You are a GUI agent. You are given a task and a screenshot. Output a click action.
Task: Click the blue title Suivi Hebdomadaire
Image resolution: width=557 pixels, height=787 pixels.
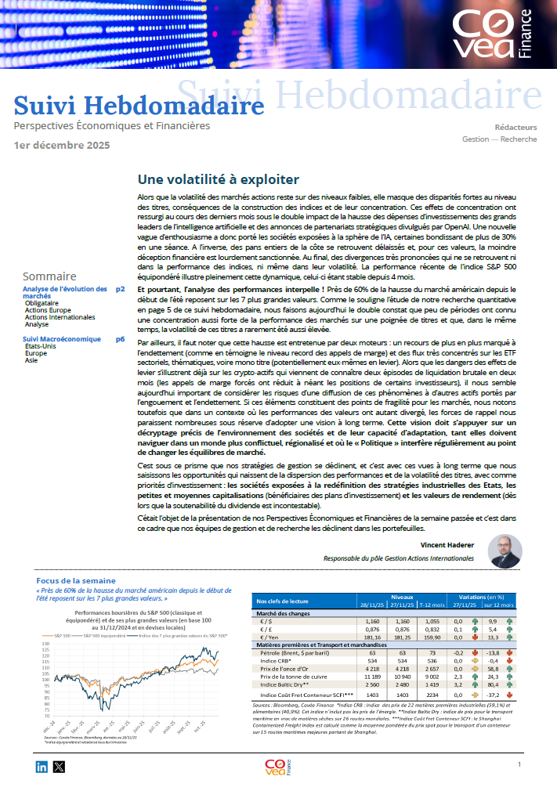[x=139, y=105]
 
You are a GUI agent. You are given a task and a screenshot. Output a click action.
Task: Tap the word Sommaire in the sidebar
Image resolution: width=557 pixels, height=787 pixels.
[x=49, y=276]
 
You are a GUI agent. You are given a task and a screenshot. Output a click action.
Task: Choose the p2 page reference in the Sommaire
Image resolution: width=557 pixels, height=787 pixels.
[x=120, y=289]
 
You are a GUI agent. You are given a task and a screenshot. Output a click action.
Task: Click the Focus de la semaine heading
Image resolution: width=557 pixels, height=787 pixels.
[x=76, y=580]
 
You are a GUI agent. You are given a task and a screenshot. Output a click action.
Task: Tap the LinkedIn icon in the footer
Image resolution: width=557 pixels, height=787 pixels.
[x=42, y=767]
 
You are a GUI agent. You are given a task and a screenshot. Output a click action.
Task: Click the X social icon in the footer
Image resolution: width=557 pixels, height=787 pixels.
[x=60, y=767]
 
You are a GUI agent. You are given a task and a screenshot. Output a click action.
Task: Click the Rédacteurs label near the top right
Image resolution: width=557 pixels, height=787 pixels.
[x=515, y=126]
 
